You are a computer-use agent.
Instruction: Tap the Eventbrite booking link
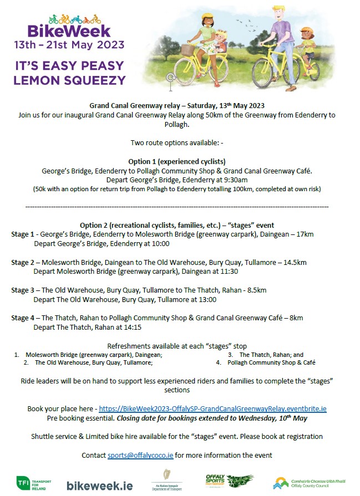pos(212,408)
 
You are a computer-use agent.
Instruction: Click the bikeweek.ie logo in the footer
pos(99,485)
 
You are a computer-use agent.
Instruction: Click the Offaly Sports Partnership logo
pos(229,483)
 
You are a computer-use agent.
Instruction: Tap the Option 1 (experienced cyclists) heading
pos(179,161)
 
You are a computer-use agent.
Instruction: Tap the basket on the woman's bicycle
pos(189,49)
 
